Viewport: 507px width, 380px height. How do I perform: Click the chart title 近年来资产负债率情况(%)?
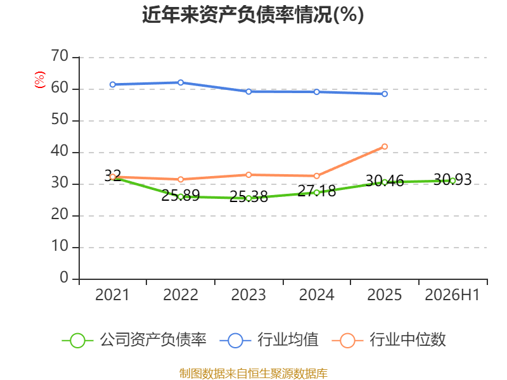point(253,15)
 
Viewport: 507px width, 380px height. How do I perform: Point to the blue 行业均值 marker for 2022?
point(181,82)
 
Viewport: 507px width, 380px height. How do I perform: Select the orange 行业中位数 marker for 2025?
point(385,146)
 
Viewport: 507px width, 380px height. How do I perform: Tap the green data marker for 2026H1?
point(452,181)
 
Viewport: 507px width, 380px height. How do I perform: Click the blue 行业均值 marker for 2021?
point(113,84)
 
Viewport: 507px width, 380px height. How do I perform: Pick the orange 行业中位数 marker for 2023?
point(248,175)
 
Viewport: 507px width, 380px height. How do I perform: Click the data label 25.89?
point(181,196)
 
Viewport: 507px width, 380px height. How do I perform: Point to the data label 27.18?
point(316,191)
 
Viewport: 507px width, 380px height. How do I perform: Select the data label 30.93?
point(452,179)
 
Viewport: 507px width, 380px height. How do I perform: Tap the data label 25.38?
point(248,197)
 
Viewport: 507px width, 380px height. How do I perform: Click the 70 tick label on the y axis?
point(60,56)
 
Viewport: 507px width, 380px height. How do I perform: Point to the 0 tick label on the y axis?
point(64,277)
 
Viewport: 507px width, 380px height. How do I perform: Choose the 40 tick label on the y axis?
point(60,151)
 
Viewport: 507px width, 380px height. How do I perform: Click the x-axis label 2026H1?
point(452,294)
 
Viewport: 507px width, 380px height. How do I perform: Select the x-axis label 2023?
point(248,294)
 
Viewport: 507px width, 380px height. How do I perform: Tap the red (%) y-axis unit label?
point(39,80)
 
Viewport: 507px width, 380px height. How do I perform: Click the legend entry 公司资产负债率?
point(134,340)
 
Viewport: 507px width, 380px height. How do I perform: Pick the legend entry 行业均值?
point(269,340)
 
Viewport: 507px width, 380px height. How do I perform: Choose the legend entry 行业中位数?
point(389,340)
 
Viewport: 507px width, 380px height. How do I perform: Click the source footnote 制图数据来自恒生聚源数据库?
point(253,373)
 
